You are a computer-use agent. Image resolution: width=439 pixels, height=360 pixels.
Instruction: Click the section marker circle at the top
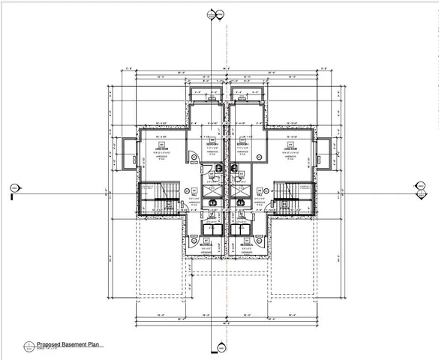[x=218, y=12]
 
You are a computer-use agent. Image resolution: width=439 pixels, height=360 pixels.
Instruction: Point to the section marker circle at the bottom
[x=221, y=347]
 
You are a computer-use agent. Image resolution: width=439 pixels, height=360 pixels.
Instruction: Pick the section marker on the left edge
[x=13, y=188]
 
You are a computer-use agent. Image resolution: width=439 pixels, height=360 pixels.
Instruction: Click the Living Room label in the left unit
[x=160, y=148]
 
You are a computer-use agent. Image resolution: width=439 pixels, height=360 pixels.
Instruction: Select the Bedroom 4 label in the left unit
[x=212, y=145]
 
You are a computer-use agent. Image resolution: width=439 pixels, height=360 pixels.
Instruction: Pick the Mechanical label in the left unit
[x=206, y=245]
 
